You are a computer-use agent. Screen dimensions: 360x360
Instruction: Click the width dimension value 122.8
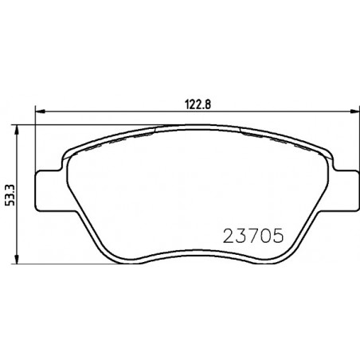(198, 105)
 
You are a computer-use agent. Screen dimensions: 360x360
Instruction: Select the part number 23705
(253, 236)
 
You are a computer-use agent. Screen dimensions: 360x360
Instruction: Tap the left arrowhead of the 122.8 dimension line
(40, 112)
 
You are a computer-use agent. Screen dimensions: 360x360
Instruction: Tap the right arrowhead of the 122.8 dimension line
(355, 112)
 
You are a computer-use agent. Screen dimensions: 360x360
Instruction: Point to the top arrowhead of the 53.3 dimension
(17, 131)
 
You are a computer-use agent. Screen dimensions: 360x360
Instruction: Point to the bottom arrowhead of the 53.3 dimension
(17, 259)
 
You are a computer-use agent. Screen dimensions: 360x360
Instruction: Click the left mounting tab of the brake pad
(48, 190)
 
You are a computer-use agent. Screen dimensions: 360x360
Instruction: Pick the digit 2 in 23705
(229, 236)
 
